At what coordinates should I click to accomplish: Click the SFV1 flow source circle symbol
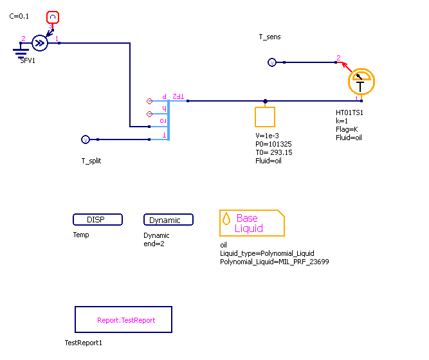click(40, 43)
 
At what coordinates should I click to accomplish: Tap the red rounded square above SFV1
click(53, 17)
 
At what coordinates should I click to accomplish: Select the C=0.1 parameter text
click(19, 16)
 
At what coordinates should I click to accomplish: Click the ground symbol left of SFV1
click(21, 50)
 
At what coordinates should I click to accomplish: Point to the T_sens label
click(269, 37)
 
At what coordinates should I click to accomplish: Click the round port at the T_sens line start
click(271, 62)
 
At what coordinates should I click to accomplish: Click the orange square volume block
click(265, 117)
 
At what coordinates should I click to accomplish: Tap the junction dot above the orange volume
click(266, 101)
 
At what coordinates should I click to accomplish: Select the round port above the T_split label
click(85, 139)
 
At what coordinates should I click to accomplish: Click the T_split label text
click(91, 161)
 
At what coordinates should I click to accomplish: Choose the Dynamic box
click(168, 220)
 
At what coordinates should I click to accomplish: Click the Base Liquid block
click(251, 223)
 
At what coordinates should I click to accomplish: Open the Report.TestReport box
click(123, 319)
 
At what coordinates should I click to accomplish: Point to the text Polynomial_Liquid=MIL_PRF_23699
click(274, 262)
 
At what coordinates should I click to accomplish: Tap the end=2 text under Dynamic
click(154, 244)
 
